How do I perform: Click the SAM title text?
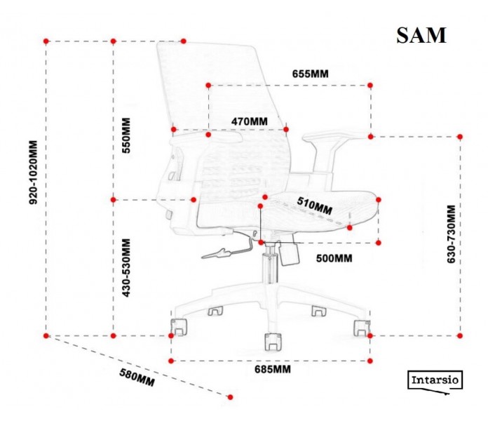click(x=421, y=36)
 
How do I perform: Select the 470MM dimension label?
click(x=250, y=121)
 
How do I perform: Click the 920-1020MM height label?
click(x=32, y=173)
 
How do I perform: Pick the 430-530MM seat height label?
click(x=127, y=267)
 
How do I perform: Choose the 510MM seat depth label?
click(x=314, y=206)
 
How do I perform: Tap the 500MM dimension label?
click(x=334, y=258)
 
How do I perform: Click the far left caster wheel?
click(x=180, y=327)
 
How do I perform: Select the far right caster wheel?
click(x=362, y=327)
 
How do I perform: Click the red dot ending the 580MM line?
click(x=231, y=396)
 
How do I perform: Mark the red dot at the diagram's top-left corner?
click(x=46, y=41)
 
